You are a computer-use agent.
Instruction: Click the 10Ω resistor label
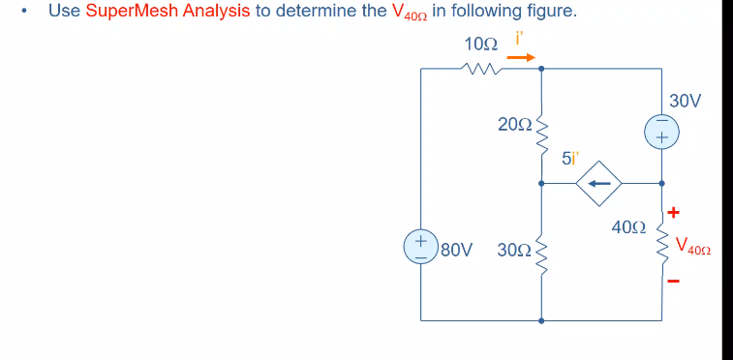480,45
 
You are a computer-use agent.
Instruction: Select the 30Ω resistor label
513,250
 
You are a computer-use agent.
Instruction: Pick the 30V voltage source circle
662,133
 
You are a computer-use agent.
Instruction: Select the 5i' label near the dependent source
571,160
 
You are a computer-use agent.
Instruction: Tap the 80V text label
456,250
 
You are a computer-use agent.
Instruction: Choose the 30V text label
685,100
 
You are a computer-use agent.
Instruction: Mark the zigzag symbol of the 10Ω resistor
480,68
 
